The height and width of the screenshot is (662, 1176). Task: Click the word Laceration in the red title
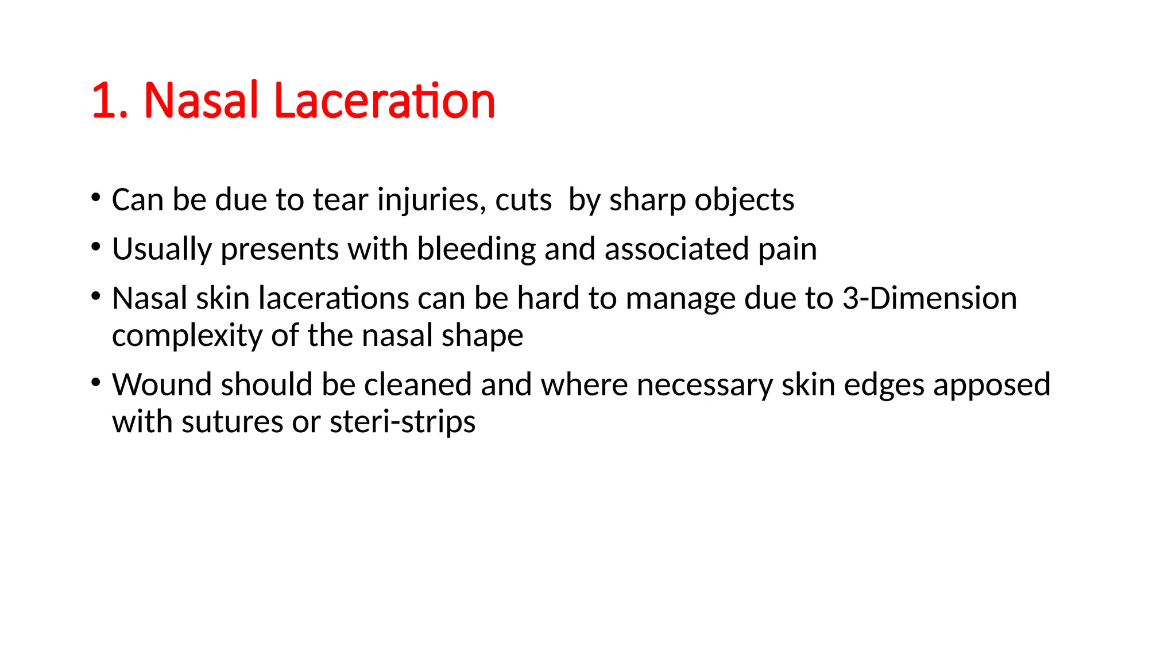point(385,101)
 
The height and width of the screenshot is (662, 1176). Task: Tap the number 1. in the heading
point(110,101)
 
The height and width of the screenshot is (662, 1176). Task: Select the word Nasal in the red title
point(201,101)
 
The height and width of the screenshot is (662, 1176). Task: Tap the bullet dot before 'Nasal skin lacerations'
point(96,297)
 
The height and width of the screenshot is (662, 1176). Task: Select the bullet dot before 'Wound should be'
point(96,383)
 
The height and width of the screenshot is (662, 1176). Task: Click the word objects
point(744,201)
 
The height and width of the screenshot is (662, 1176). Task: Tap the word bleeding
point(476,249)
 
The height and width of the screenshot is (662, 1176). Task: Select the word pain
point(787,249)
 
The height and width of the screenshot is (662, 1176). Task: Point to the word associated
point(676,249)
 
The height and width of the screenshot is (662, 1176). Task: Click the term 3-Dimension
point(930,298)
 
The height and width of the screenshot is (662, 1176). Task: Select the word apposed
point(992,385)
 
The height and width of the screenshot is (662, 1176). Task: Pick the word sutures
point(232,422)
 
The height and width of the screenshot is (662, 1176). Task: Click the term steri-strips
point(403,422)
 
